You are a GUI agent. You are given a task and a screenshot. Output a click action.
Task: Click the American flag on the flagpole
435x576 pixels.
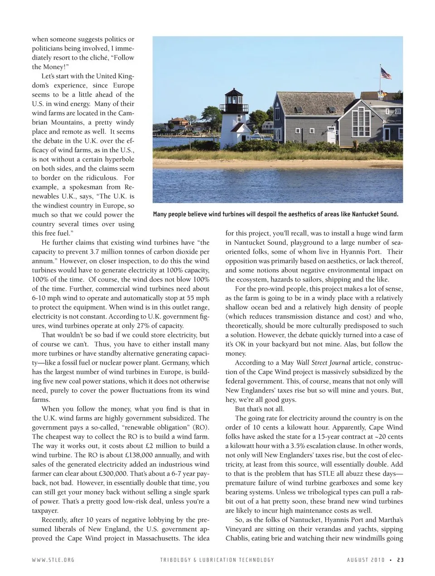tap(386, 73)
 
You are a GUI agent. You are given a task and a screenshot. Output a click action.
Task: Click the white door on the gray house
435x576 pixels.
tap(332, 135)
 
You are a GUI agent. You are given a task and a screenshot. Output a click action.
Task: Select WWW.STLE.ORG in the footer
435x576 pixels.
tap(53, 560)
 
